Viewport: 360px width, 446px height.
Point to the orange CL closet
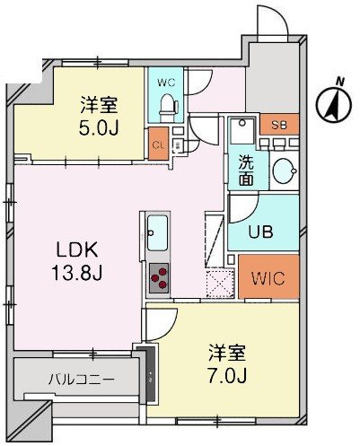tap(157, 144)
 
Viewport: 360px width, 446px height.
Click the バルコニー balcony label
tap(81, 380)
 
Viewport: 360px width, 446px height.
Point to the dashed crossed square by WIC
tap(220, 283)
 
